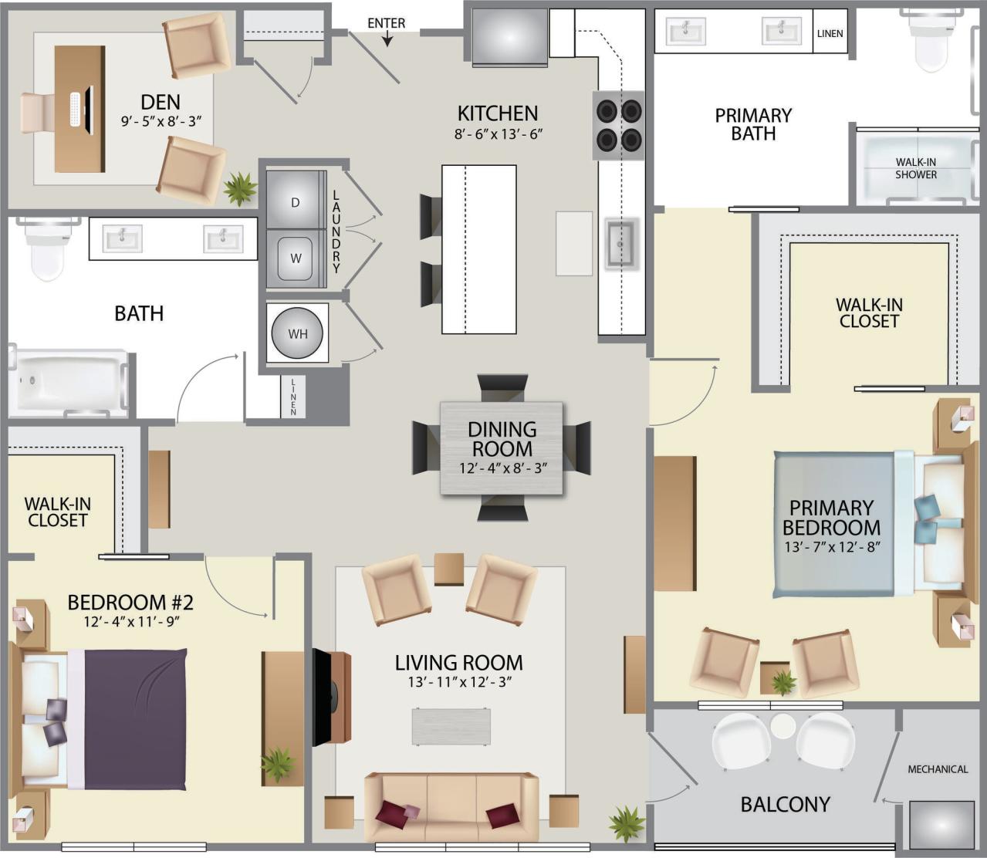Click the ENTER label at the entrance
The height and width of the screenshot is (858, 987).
pos(386,23)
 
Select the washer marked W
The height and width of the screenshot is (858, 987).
pos(296,258)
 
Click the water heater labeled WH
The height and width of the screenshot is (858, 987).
pos(297,333)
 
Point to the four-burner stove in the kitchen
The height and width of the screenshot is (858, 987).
pos(619,125)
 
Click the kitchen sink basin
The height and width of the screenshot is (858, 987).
pos(620,243)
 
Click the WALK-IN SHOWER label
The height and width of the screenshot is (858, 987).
pos(916,168)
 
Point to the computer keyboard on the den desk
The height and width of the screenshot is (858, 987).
pos(75,110)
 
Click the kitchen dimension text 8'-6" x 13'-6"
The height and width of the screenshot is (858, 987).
pos(499,133)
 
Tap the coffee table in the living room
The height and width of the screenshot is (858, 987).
pos(451,726)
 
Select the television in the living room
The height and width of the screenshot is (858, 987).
pos(323,697)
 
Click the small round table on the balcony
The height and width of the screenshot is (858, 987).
pos(783,726)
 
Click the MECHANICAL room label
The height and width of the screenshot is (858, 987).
pos(938,769)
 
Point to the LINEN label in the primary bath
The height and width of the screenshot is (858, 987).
pos(830,33)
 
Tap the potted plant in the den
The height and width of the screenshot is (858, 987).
pos(240,187)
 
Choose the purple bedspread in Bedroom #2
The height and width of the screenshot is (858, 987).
pos(135,718)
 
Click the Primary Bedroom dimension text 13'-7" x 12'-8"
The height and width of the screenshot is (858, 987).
pos(832,546)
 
